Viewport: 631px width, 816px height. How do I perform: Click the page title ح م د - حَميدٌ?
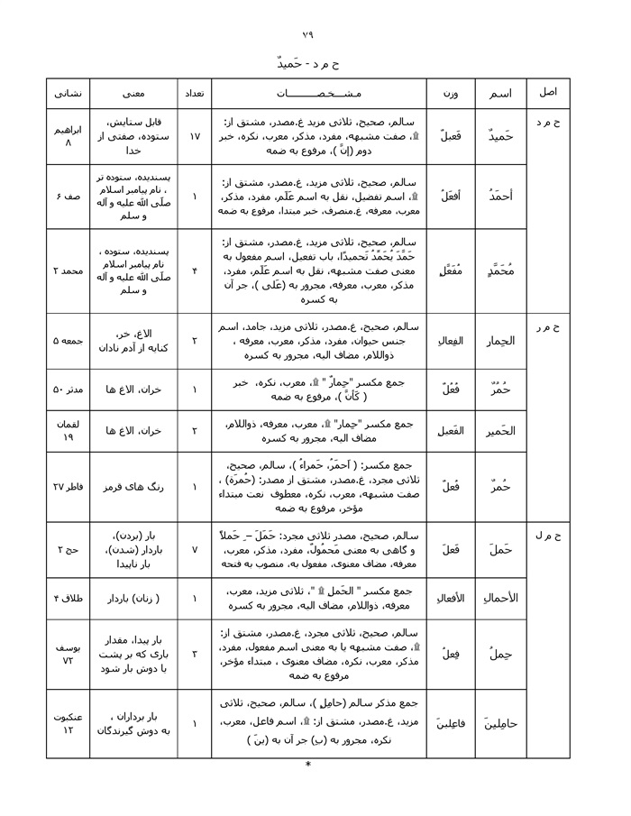click(308, 63)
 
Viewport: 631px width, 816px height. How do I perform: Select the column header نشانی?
click(69, 93)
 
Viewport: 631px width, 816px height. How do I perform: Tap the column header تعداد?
click(194, 93)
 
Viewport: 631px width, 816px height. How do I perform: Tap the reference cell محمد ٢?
click(69, 270)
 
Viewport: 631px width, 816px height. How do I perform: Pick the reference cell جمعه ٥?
click(69, 341)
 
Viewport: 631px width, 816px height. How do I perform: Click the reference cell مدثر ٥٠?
click(69, 389)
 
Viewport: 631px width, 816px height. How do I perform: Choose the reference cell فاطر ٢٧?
click(69, 487)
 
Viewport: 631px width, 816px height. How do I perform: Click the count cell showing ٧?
click(194, 548)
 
